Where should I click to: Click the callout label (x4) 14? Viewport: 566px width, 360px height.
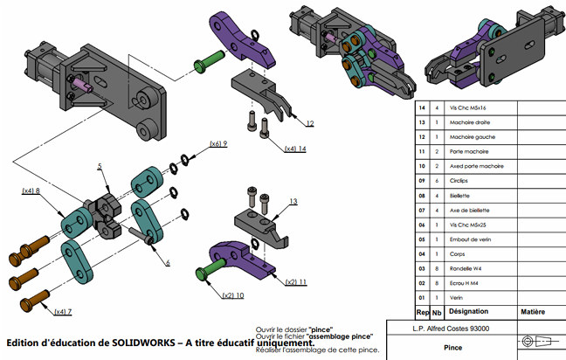click(x=294, y=149)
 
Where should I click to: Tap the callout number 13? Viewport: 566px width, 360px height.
click(x=293, y=202)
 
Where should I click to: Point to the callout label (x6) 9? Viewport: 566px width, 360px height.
click(x=218, y=143)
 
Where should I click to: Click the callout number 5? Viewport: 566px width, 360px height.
click(x=100, y=166)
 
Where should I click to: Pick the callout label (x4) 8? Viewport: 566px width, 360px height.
click(x=32, y=190)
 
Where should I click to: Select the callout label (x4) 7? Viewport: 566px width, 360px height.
click(x=62, y=311)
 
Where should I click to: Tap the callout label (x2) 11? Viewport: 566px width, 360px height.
click(x=298, y=281)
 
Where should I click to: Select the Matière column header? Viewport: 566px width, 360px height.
click(x=532, y=311)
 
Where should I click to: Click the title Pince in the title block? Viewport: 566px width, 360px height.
click(x=453, y=346)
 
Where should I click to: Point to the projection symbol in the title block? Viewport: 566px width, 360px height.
click(x=533, y=341)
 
